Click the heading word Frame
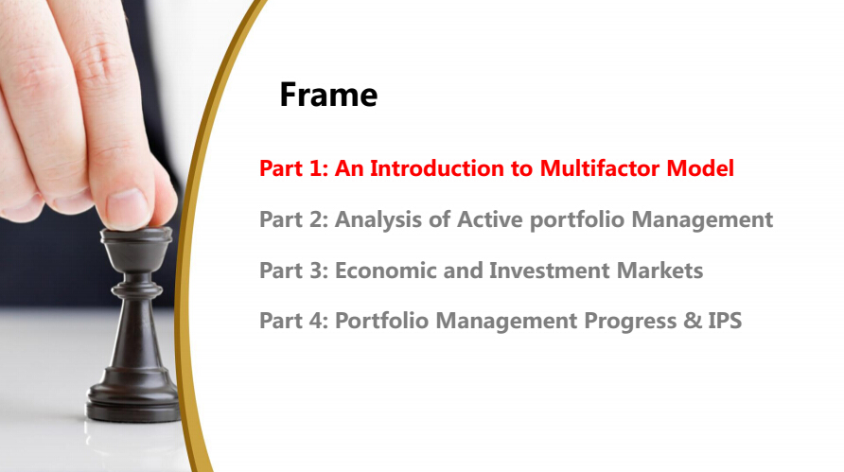(328, 95)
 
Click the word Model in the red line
(700, 168)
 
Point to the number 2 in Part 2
(316, 219)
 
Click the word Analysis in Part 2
(378, 220)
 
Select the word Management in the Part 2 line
(702, 220)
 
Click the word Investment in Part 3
(549, 271)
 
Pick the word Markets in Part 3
(659, 271)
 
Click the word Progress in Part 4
(630, 322)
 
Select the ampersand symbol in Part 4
(693, 321)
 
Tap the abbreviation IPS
(725, 321)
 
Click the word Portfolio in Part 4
(381, 321)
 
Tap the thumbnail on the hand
(128, 208)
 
